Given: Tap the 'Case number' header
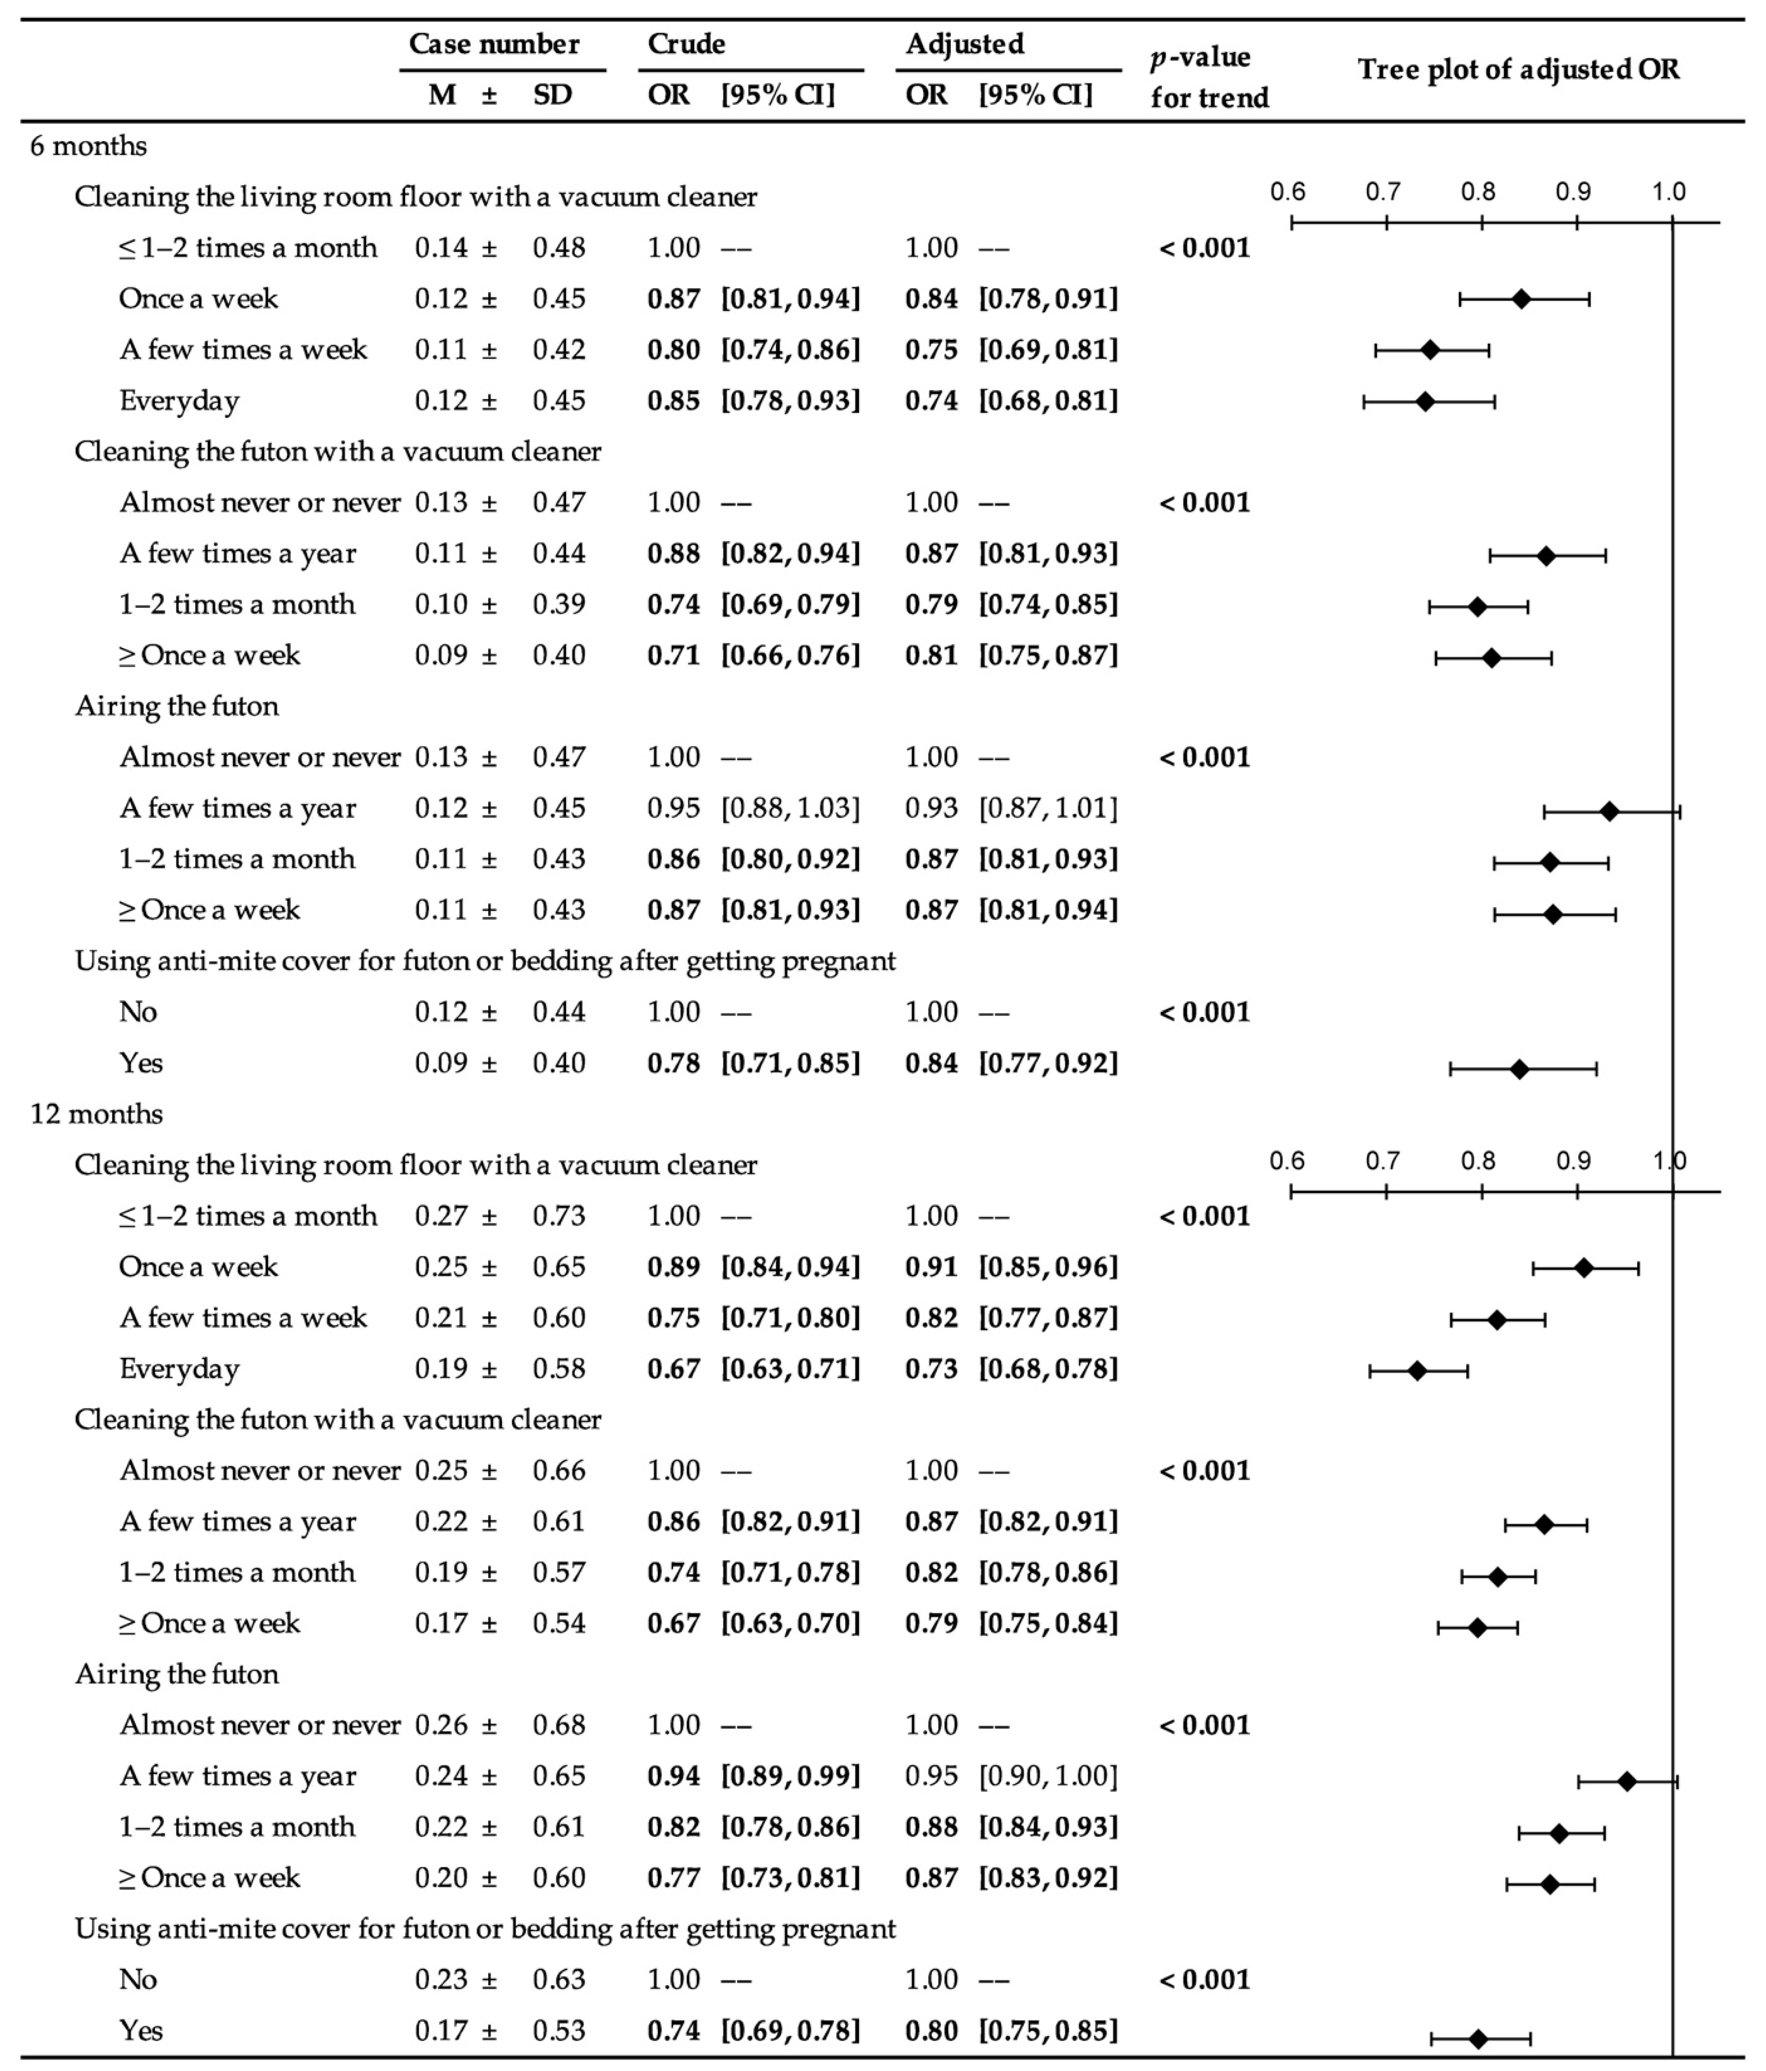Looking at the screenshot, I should (x=494, y=44).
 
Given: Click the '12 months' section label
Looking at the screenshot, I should (x=96, y=1113).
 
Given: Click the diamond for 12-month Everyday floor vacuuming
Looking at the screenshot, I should (x=1416, y=1370).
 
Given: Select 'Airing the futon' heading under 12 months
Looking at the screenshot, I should (x=177, y=1674).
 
